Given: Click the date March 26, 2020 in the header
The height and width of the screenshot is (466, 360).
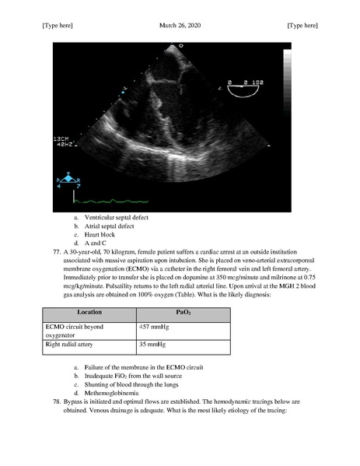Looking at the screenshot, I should point(180,26).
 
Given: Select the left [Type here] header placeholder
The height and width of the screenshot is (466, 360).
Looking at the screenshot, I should point(58,26).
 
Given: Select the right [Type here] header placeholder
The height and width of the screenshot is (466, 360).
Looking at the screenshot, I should point(302,26).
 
